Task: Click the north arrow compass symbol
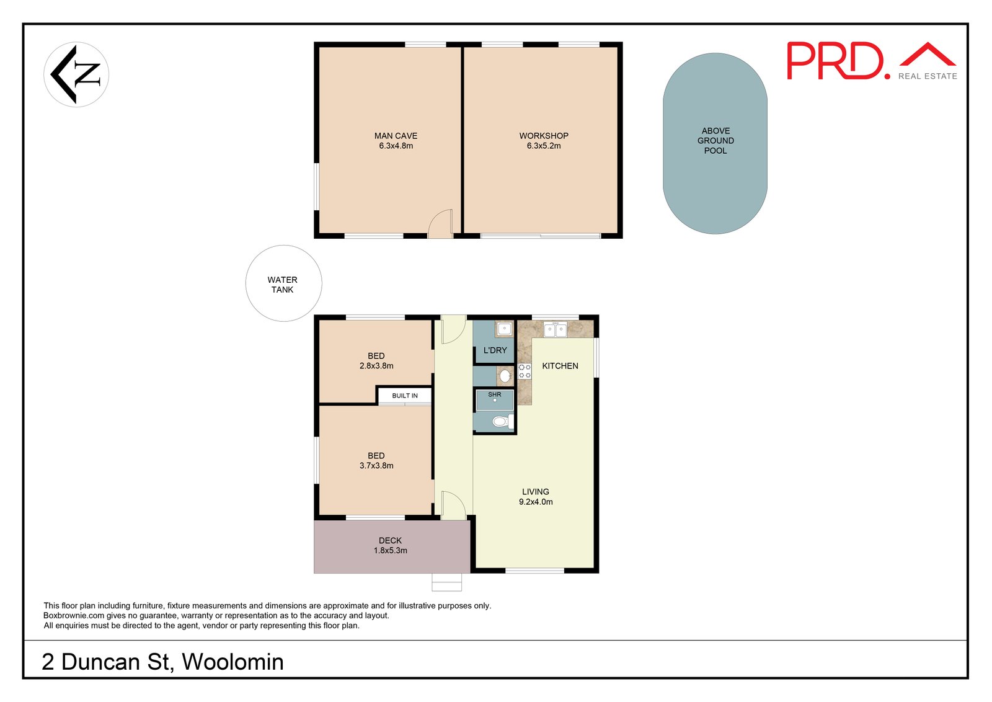pyautogui.click(x=76, y=74)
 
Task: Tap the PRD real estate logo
pyautogui.click(x=872, y=61)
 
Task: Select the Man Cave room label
pyautogui.click(x=396, y=136)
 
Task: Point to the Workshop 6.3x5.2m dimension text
pyautogui.click(x=543, y=146)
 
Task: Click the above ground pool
pyautogui.click(x=715, y=143)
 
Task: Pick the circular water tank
pyautogui.click(x=284, y=283)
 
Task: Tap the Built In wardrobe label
pyautogui.click(x=404, y=396)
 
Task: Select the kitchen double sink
pyautogui.click(x=556, y=329)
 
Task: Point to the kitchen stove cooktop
pyautogui.click(x=525, y=371)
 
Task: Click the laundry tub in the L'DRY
pyautogui.click(x=505, y=329)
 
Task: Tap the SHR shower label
pyautogui.click(x=494, y=394)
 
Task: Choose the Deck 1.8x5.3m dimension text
pyautogui.click(x=390, y=551)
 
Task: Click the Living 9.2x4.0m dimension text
pyautogui.click(x=536, y=502)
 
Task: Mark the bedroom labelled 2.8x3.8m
pyautogui.click(x=376, y=361)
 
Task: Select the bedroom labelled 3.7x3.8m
pyautogui.click(x=376, y=461)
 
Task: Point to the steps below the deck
pyautogui.click(x=447, y=582)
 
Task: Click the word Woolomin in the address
pyautogui.click(x=232, y=662)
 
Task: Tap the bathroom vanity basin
pyautogui.click(x=505, y=376)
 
